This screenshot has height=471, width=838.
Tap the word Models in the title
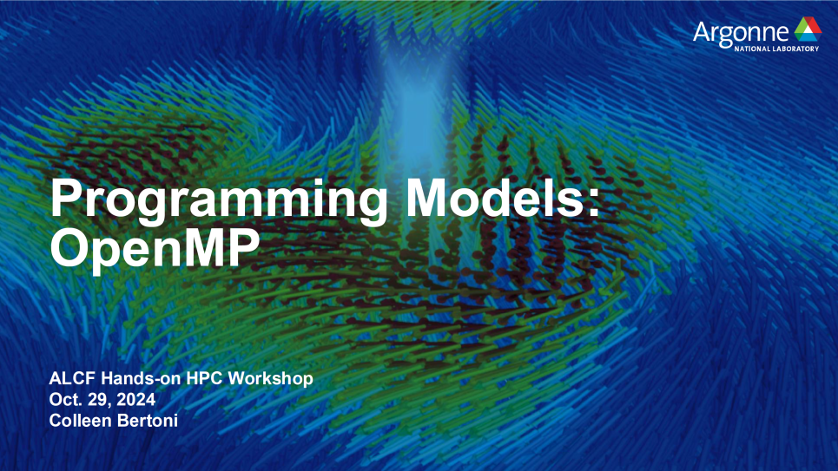(497, 197)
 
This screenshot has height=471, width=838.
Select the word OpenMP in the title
(155, 249)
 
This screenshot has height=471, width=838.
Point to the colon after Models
(594, 203)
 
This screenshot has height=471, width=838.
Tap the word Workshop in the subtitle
(271, 379)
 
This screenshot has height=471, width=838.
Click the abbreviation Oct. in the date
(64, 400)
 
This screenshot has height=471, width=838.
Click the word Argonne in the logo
(741, 33)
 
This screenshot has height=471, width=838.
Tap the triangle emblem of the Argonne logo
(808, 29)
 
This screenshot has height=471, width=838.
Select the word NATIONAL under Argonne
(753, 49)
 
